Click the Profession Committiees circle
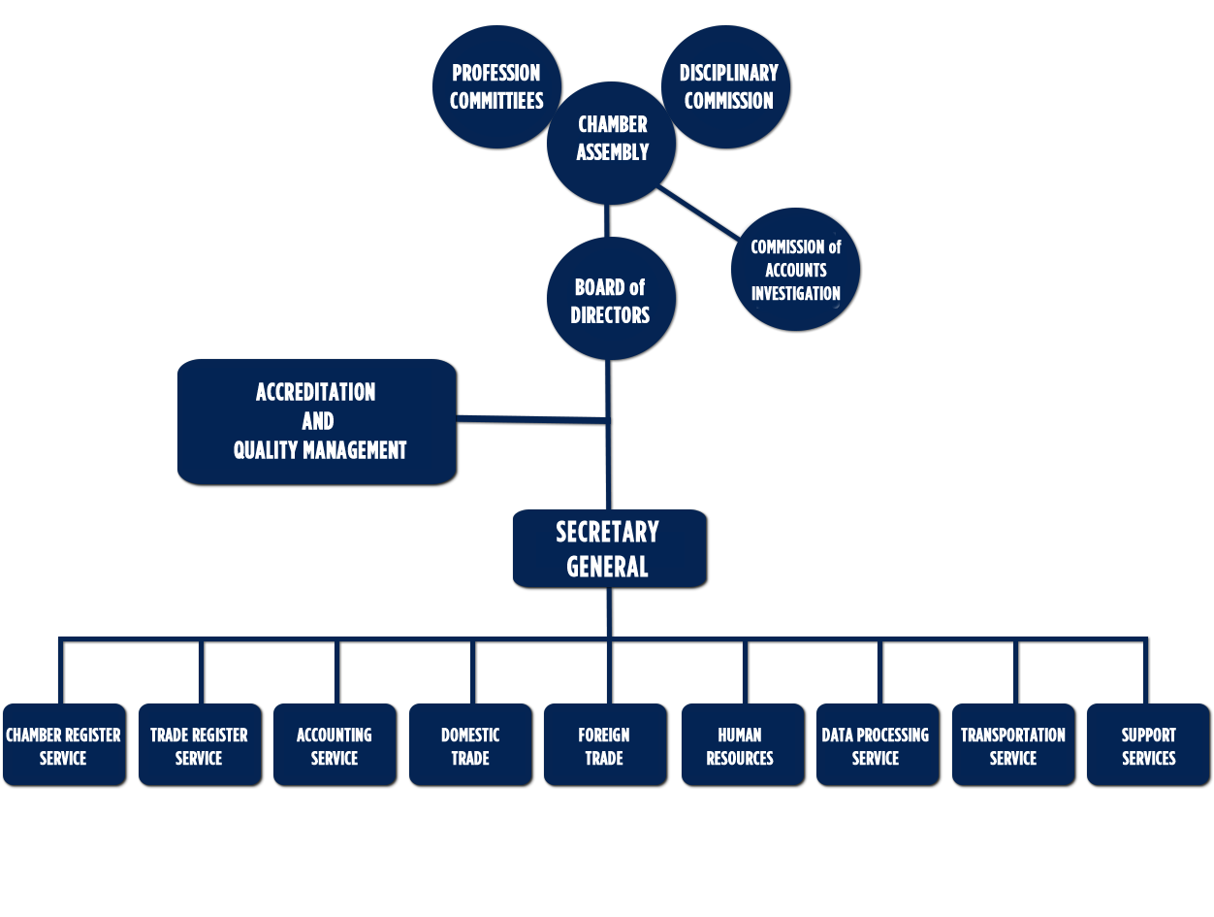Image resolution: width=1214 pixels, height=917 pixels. tap(496, 87)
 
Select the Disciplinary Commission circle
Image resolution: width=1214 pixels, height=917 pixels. tap(726, 87)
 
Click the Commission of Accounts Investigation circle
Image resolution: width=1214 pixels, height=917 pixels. tap(795, 270)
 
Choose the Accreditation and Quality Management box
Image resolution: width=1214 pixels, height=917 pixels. tap(317, 422)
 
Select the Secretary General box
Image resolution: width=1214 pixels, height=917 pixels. tap(609, 549)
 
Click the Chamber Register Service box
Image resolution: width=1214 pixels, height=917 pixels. tap(64, 745)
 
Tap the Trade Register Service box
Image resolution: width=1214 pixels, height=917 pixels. tap(200, 745)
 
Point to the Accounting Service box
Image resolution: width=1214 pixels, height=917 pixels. tap(335, 745)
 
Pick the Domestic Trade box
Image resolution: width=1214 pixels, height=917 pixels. tap(470, 745)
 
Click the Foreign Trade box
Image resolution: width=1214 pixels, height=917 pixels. tap(605, 745)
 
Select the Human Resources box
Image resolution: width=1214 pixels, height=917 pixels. tap(742, 745)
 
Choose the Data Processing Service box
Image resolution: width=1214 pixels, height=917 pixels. tap(877, 745)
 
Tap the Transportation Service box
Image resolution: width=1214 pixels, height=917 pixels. tap(1013, 745)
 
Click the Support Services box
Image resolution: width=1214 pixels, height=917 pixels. tap(1148, 745)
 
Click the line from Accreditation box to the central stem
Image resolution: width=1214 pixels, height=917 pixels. tap(531, 419)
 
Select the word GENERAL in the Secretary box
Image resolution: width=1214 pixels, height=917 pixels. tap(608, 567)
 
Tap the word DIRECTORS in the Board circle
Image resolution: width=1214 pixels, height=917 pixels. tap(610, 315)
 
